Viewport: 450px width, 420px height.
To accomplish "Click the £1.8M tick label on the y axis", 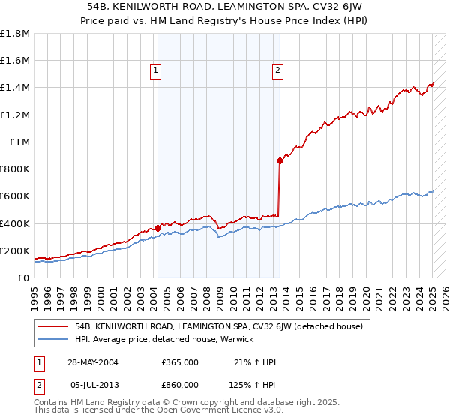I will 15,34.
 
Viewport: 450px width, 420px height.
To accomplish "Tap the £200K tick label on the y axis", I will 15,250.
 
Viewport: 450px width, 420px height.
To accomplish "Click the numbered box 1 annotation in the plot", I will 156,71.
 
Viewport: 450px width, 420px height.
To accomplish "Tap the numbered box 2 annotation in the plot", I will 277,71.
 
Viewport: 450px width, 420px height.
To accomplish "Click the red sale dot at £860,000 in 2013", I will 279,160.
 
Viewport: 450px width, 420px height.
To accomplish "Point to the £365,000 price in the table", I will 180,362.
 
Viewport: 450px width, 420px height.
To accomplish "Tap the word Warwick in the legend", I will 239,339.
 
